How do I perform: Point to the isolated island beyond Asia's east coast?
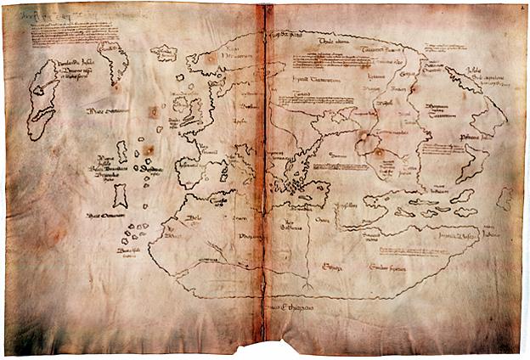pos(505,199)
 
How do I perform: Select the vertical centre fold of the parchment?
pos(265,170)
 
